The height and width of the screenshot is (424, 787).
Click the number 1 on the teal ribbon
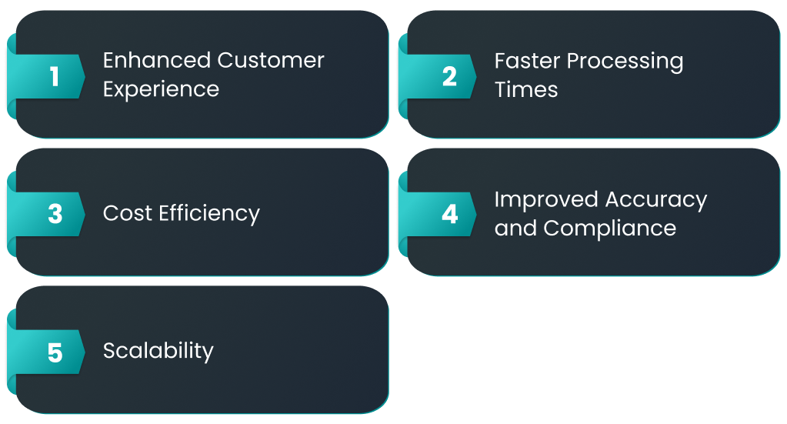(x=54, y=77)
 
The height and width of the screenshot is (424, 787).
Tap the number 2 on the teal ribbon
(x=449, y=77)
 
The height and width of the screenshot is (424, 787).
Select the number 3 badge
(x=55, y=214)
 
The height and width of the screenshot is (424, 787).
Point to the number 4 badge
(x=450, y=214)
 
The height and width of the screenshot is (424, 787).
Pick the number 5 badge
(x=55, y=352)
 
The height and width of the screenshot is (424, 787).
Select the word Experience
(x=161, y=90)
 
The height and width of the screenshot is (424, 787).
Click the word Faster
(x=527, y=61)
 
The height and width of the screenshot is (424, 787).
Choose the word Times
(x=526, y=90)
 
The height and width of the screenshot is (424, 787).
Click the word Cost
(x=128, y=213)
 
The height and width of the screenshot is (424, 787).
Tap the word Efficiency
(x=209, y=214)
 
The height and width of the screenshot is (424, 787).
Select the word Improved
(x=546, y=200)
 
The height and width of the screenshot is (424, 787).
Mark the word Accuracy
(x=656, y=200)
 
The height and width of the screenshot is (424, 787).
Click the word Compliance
(x=610, y=229)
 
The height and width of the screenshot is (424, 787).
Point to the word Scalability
(x=158, y=351)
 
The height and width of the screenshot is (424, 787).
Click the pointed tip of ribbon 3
(x=85, y=214)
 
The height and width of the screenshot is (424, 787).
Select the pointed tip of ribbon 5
(x=85, y=352)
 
